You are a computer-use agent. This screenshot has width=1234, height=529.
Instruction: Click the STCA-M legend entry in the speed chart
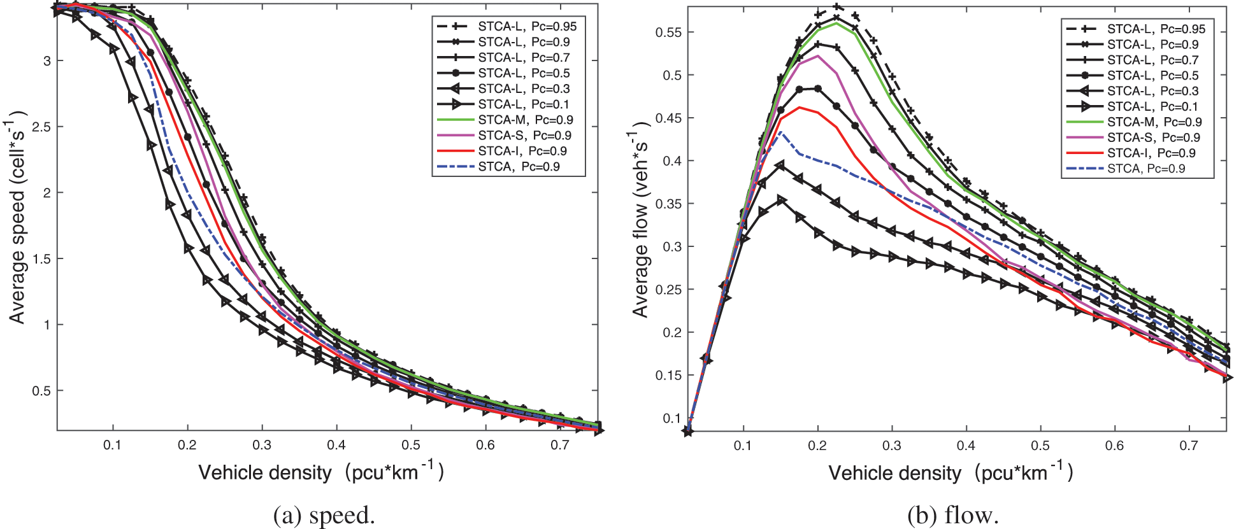pyautogui.click(x=525, y=120)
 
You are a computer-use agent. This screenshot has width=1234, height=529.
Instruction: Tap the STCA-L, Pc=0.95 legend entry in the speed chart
pyautogui.click(x=527, y=26)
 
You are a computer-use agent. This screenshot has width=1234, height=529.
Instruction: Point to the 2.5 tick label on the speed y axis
pyautogui.click(x=41, y=127)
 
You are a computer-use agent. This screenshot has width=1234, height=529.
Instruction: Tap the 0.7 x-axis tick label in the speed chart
pyautogui.click(x=560, y=445)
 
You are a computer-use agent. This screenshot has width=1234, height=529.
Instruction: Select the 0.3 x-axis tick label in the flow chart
pyautogui.click(x=892, y=446)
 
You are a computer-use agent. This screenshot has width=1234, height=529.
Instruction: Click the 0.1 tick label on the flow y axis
pyautogui.click(x=671, y=418)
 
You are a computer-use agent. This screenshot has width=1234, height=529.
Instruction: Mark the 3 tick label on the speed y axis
pyautogui.click(x=47, y=61)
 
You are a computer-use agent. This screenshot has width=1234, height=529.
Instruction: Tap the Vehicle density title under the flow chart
pyautogui.click(x=950, y=473)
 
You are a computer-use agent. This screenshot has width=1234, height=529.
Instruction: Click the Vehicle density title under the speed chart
pyautogui.click(x=320, y=472)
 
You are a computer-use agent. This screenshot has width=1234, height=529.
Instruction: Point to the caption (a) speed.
pyautogui.click(x=324, y=515)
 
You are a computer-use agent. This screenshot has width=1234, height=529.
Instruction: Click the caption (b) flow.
pyautogui.click(x=952, y=515)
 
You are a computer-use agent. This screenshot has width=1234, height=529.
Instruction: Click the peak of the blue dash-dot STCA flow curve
pyautogui.click(x=781, y=132)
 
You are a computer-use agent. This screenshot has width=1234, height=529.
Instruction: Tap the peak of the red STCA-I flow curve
pyautogui.click(x=800, y=107)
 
